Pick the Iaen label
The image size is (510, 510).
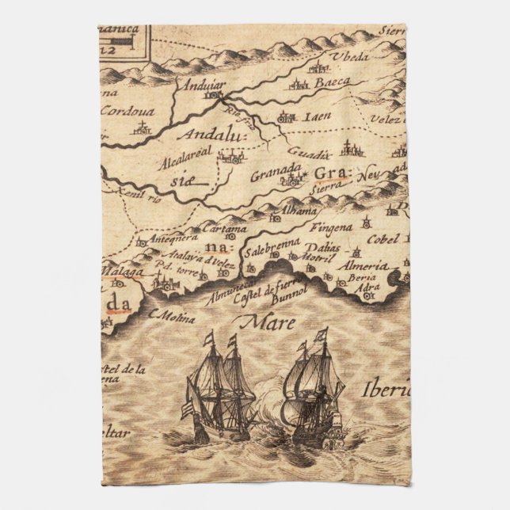(318, 116)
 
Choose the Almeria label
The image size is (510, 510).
(360, 266)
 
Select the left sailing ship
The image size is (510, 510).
(219, 390)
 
